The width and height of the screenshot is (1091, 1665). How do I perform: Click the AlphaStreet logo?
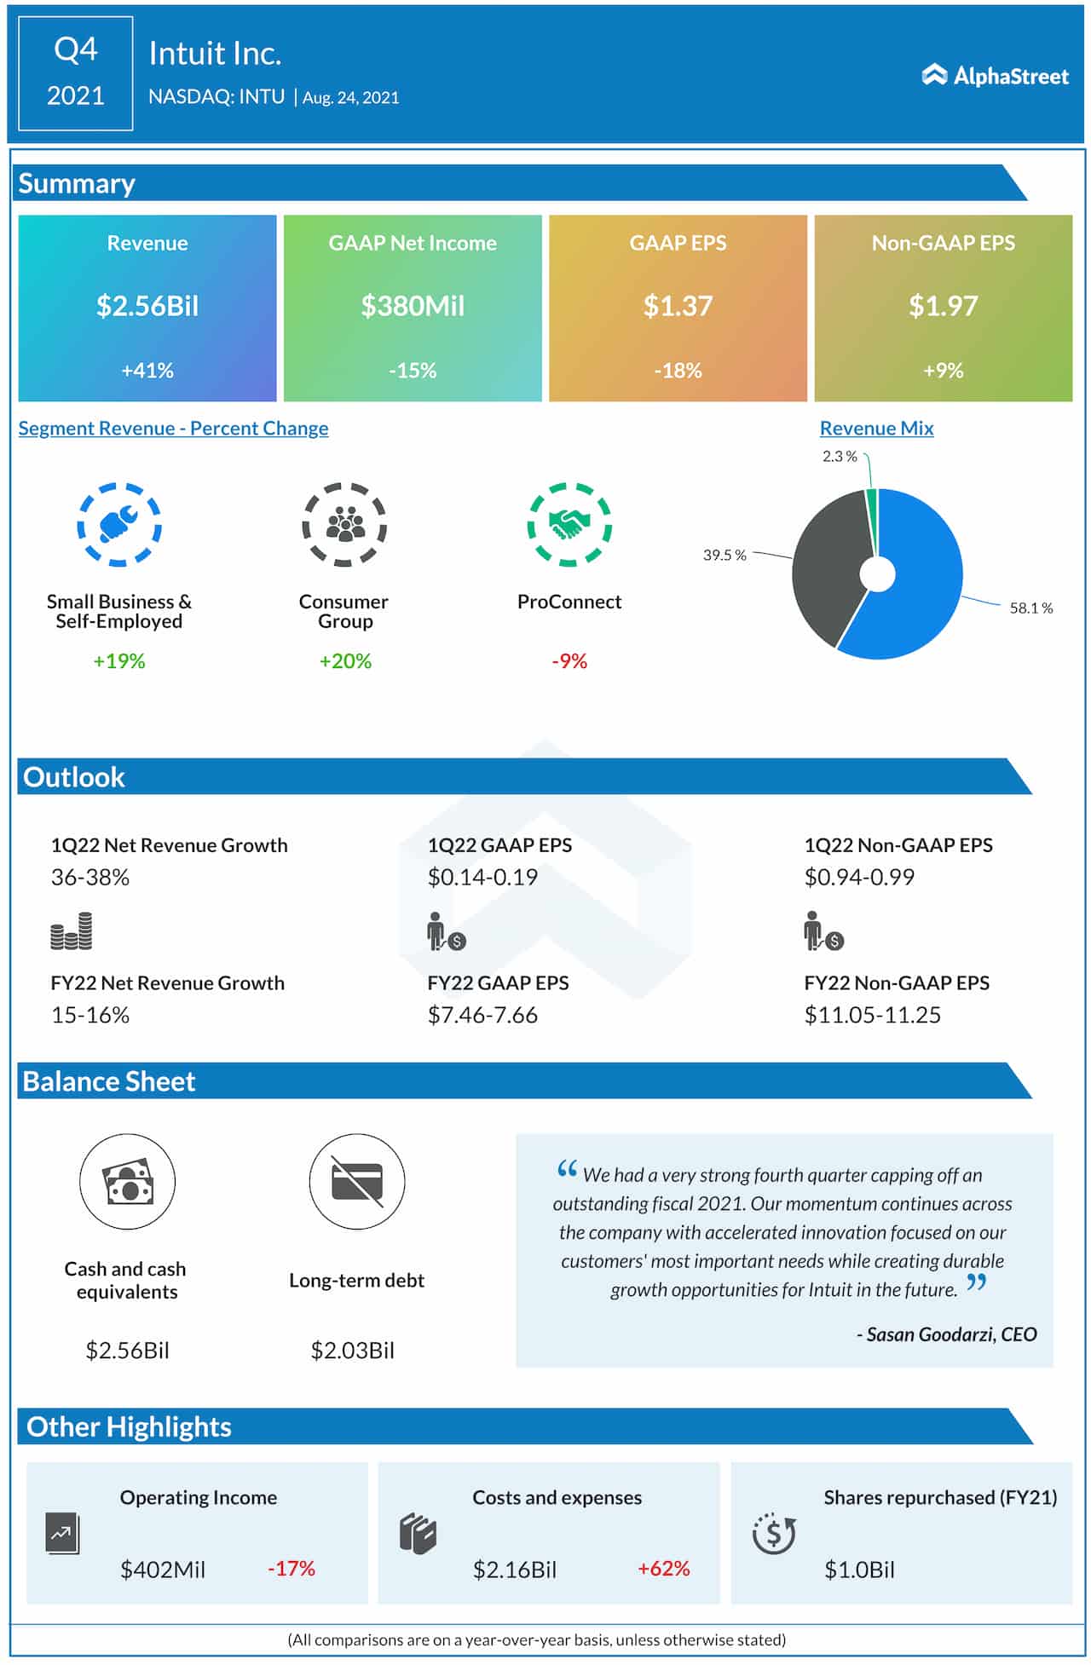pyautogui.click(x=995, y=76)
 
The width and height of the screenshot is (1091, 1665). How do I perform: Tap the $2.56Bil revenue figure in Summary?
pyautogui.click(x=147, y=306)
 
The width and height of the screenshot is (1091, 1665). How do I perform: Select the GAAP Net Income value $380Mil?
pyautogui.click(x=413, y=306)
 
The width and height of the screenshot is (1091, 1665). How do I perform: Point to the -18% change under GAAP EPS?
pyautogui.click(x=678, y=371)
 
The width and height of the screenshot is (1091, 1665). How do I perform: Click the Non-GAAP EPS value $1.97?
pyautogui.click(x=943, y=306)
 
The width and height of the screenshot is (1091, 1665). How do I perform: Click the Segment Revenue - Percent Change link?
pyautogui.click(x=173, y=429)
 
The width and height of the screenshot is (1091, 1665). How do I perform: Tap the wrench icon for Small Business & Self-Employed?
pyautogui.click(x=119, y=524)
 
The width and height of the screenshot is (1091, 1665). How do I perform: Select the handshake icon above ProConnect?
pyautogui.click(x=569, y=524)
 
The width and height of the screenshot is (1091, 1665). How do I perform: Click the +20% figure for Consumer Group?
pyautogui.click(x=345, y=661)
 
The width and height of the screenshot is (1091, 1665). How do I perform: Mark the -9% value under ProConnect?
pyautogui.click(x=569, y=661)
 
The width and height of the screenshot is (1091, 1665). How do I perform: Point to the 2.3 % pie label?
pyautogui.click(x=840, y=457)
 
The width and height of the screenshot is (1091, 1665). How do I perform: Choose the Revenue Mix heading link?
pyautogui.click(x=876, y=429)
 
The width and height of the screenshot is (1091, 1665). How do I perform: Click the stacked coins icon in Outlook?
pyautogui.click(x=72, y=931)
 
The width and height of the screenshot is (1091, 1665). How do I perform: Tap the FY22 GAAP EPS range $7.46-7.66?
pyautogui.click(x=482, y=1015)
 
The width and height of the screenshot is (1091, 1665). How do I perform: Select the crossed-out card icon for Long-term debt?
pyautogui.click(x=357, y=1181)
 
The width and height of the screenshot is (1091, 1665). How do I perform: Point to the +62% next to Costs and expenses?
pyautogui.click(x=663, y=1569)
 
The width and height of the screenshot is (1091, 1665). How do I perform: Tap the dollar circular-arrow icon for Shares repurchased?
pyautogui.click(x=773, y=1534)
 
